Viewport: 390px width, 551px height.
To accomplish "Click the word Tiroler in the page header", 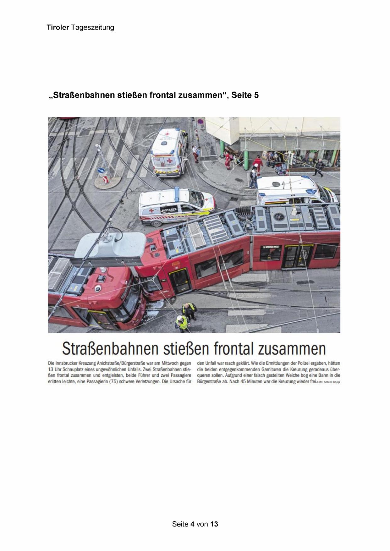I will [58, 27].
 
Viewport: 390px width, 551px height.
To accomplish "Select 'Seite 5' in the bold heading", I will [245, 95].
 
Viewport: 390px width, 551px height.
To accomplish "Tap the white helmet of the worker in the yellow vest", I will [179, 318].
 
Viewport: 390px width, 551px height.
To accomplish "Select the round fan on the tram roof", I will [278, 216].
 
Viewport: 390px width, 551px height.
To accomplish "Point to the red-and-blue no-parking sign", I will [200, 122].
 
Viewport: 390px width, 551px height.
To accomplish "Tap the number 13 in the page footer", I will [214, 524].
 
